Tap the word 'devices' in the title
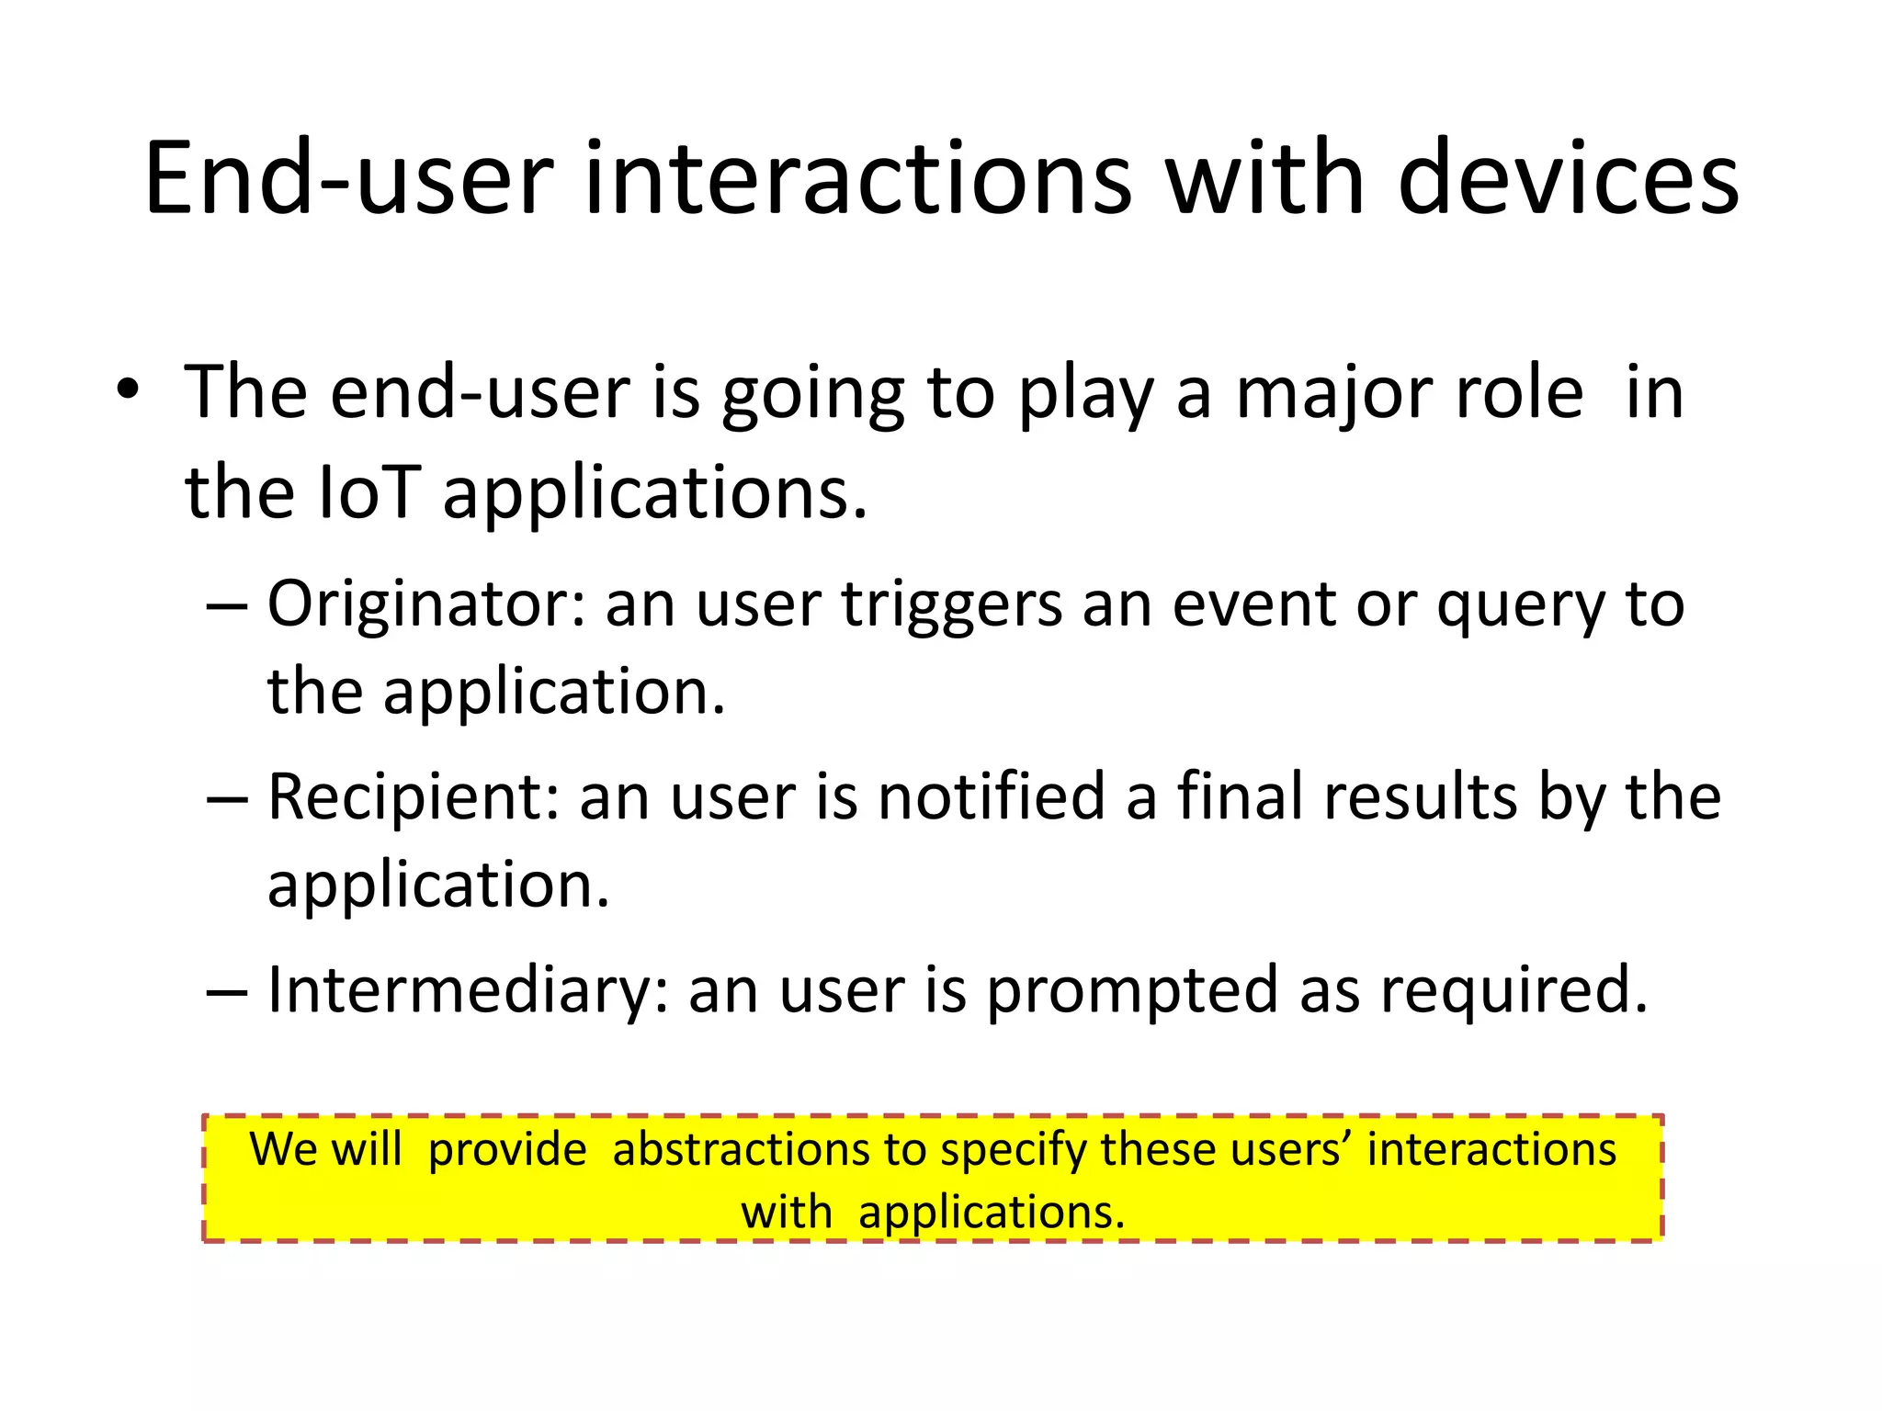[x=1568, y=179]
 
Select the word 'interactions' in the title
[x=856, y=179]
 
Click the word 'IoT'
[x=368, y=493]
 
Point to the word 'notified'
[x=991, y=796]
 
